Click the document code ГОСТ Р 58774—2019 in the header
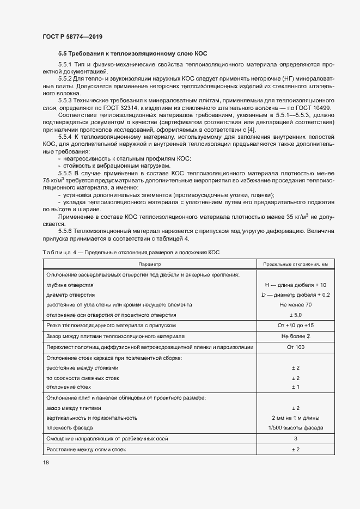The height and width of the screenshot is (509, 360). tap(72, 36)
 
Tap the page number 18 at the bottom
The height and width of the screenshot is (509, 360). tap(45, 463)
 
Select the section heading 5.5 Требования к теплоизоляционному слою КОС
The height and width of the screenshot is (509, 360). tap(132, 54)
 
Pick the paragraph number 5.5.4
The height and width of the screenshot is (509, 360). tap(67, 138)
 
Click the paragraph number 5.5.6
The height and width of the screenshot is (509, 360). tap(67, 231)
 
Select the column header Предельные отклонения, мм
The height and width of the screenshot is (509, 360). tap(296, 263)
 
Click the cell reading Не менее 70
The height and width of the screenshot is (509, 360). tap(296, 305)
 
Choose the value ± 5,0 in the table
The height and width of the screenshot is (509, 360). tap(296, 315)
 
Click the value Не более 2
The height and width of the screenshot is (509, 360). tap(296, 336)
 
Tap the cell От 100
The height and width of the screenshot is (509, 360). tap(296, 347)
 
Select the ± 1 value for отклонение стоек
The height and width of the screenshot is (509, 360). tap(296, 387)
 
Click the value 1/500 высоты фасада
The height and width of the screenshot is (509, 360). tap(296, 428)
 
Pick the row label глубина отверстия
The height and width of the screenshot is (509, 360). tap(70, 285)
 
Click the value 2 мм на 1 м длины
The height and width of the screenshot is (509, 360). tap(296, 418)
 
